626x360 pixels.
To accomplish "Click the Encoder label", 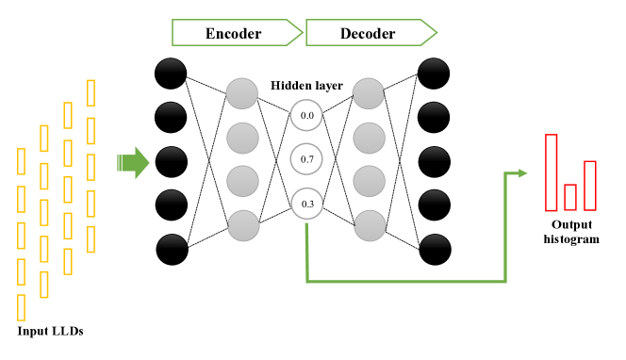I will tap(234, 34).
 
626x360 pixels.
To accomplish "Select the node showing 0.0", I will tap(306, 116).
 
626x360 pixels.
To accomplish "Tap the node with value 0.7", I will tap(306, 159).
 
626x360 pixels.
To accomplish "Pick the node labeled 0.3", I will tap(307, 204).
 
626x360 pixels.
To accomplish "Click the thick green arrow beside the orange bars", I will tap(133, 163).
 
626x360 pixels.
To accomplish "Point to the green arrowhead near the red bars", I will tap(520, 172).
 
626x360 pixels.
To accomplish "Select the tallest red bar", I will tap(551, 172).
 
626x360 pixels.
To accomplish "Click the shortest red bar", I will tap(569, 197).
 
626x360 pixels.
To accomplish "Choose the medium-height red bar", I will tap(589, 186).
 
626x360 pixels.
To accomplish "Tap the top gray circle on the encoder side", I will tap(241, 93).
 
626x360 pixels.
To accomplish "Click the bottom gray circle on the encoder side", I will tap(243, 225).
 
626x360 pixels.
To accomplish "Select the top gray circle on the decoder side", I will tap(369, 93).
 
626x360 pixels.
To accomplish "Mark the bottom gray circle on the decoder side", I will tap(371, 225).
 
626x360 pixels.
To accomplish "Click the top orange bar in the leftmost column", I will tap(21, 161).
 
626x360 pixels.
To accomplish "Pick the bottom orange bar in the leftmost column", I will tap(21, 308).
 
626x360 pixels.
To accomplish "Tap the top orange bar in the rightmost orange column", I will tap(91, 92).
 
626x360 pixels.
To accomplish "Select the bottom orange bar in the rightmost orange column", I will tap(91, 239).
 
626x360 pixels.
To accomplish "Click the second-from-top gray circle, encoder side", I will tap(242, 138).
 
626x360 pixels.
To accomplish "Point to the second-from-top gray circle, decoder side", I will tap(370, 138).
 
